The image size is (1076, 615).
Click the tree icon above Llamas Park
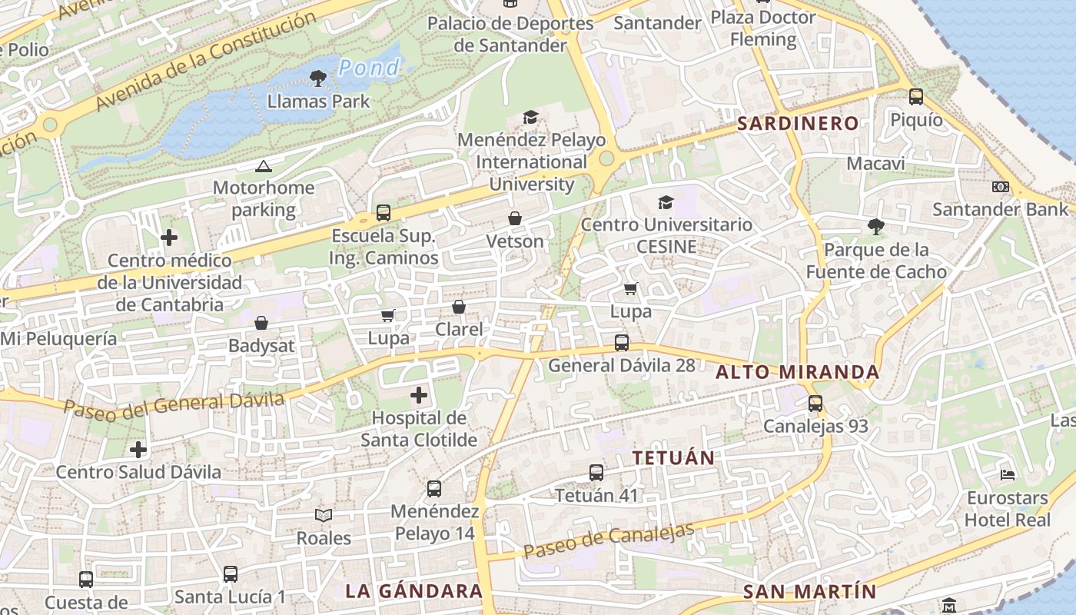(x=317, y=78)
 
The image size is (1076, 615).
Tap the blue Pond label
(x=369, y=68)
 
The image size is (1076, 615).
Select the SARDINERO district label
(x=798, y=123)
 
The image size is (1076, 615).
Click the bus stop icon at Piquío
(x=916, y=97)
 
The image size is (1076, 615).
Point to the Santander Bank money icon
(x=1000, y=187)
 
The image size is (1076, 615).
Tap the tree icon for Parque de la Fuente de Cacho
(x=875, y=226)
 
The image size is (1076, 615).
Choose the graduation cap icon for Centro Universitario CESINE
(x=666, y=202)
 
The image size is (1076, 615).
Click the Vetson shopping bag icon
(x=515, y=219)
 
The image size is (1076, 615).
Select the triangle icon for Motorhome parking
(x=263, y=166)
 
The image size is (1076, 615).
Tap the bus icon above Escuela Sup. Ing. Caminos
(x=383, y=213)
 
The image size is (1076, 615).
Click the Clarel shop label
(x=459, y=330)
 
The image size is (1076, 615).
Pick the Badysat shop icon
(x=261, y=323)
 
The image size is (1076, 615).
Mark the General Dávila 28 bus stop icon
(x=621, y=343)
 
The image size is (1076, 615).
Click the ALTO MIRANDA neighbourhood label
(x=798, y=372)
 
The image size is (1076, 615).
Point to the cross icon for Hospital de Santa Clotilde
(x=419, y=396)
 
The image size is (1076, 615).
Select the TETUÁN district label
(x=673, y=457)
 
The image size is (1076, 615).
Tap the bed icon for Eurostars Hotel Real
(x=1008, y=474)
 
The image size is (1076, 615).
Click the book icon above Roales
(x=324, y=516)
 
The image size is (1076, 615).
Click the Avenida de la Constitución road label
(x=206, y=61)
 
